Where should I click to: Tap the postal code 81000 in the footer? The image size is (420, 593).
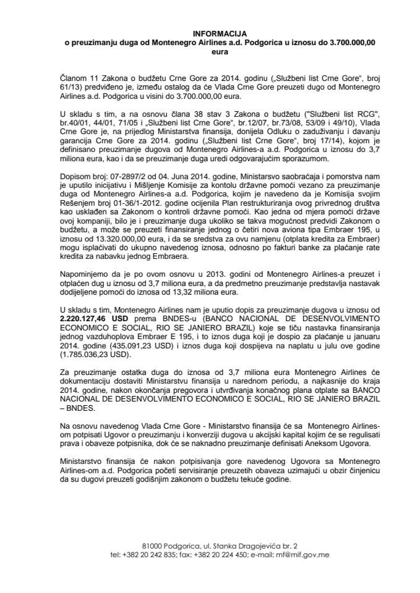[152, 545]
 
